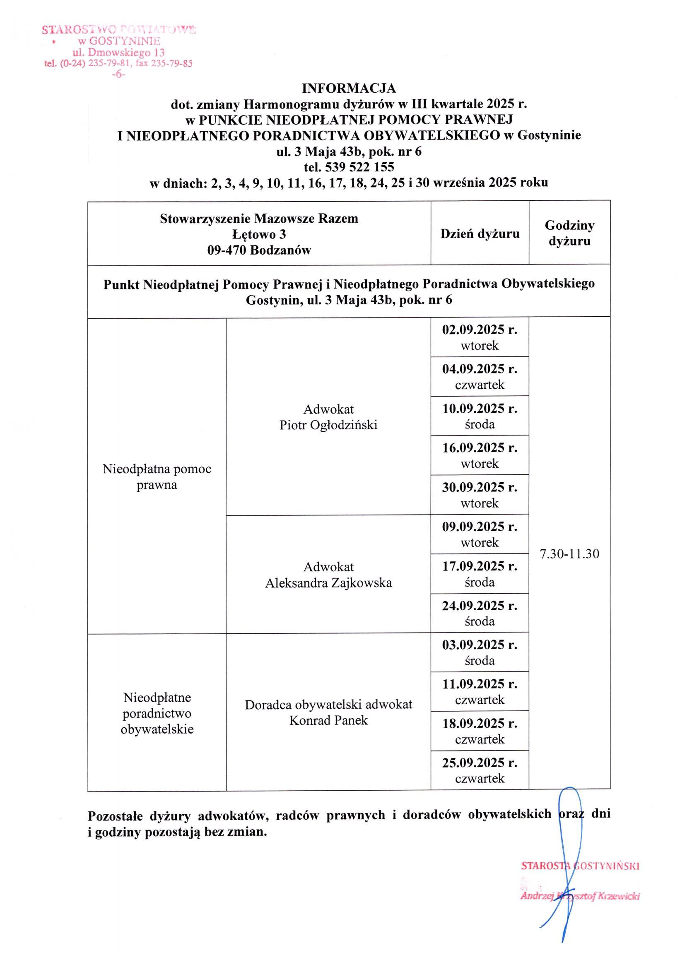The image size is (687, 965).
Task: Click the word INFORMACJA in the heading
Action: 349,88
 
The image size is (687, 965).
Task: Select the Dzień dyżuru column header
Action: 480,234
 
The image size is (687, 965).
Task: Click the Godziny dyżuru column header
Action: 569,233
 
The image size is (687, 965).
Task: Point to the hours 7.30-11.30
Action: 569,554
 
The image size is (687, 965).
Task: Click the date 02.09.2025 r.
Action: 480,330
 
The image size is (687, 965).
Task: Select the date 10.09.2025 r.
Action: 480,409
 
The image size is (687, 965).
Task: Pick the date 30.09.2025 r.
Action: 480,488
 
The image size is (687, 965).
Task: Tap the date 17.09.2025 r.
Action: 480,566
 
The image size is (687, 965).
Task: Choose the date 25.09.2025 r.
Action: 480,763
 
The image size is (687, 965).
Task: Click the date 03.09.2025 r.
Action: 480,645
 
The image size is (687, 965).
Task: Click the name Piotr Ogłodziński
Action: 328,425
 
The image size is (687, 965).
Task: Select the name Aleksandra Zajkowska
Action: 328,583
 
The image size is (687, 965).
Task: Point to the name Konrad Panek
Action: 328,720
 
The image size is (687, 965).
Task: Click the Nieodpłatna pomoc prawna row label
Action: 157,476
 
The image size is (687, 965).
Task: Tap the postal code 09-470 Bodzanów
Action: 259,250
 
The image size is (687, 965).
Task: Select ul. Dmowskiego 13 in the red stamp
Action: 118,53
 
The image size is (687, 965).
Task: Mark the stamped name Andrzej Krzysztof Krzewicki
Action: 580,896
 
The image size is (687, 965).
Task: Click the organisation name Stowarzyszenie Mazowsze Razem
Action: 259,219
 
